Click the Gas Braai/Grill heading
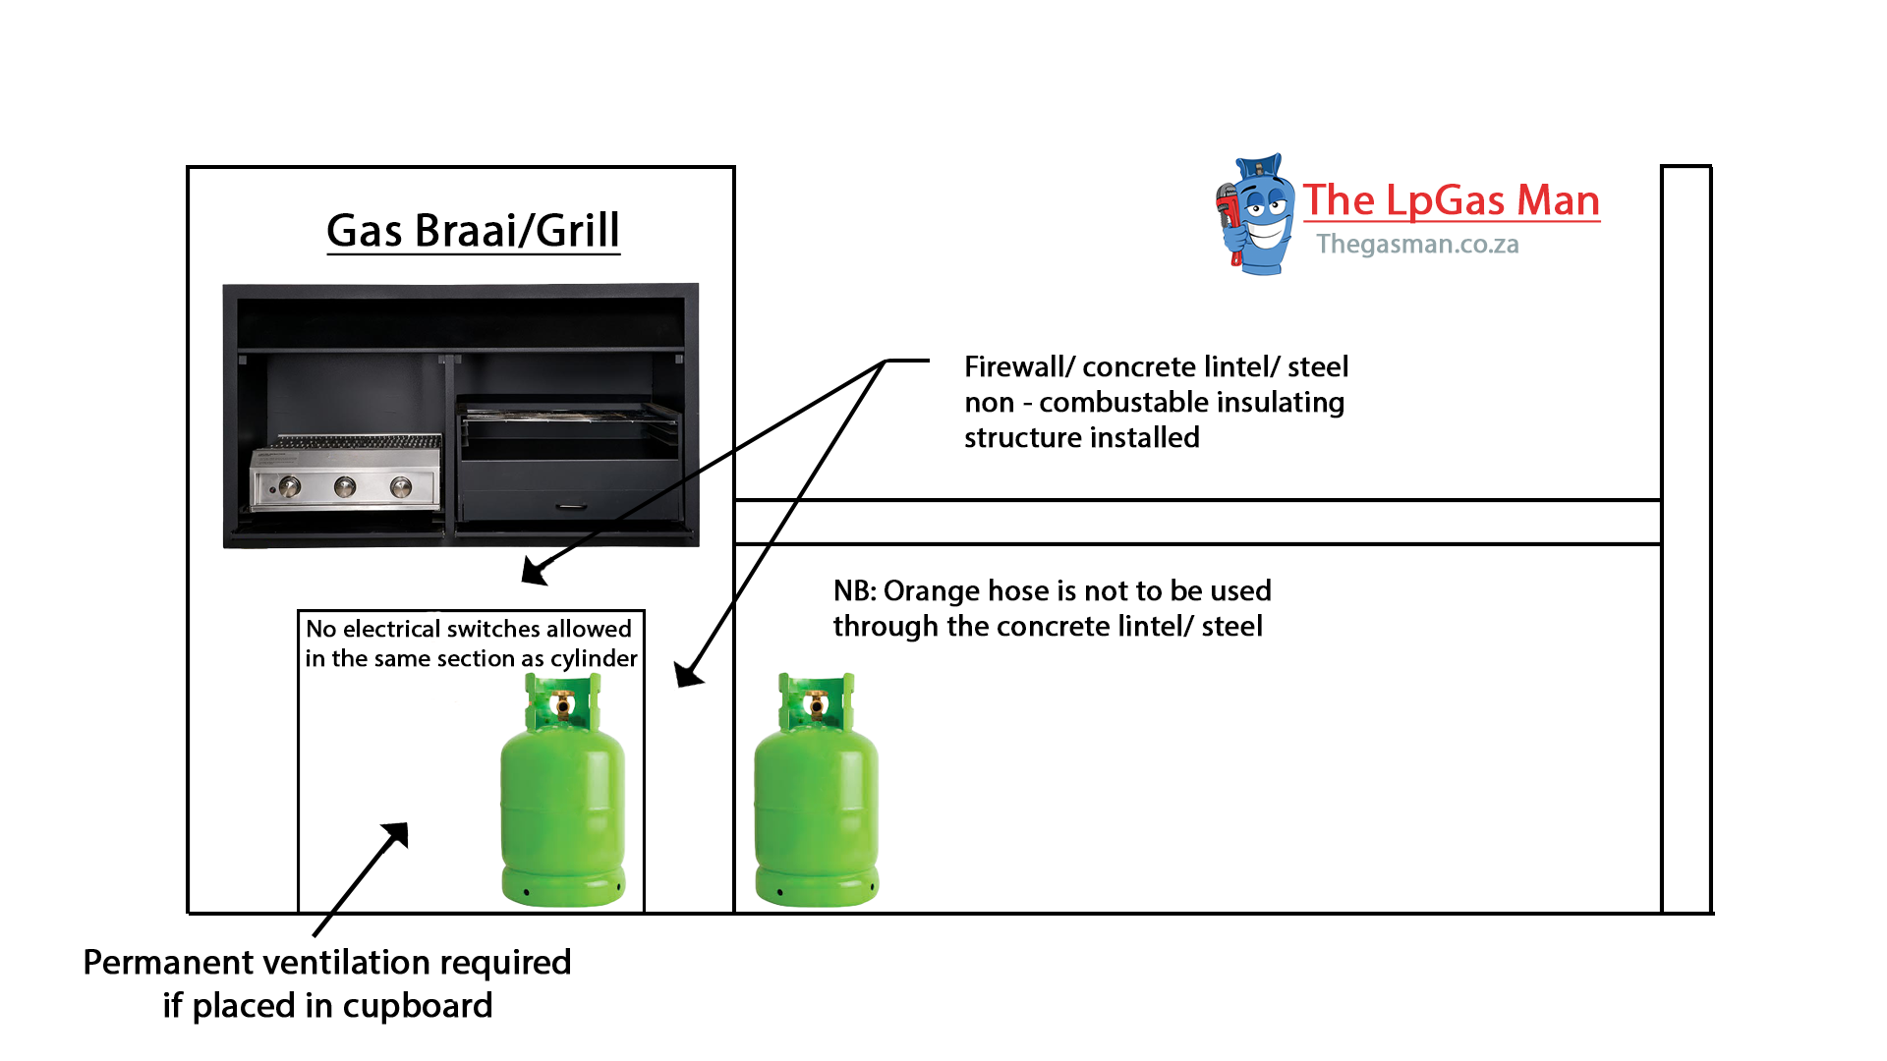(473, 232)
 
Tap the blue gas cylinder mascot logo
(1256, 214)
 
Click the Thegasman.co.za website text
(1417, 245)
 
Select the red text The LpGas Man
(1451, 200)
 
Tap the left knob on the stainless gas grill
(290, 486)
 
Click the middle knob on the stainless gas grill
(345, 486)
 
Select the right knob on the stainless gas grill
(401, 486)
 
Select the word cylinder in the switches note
(594, 659)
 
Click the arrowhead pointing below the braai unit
(534, 572)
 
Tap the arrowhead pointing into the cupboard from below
(397, 835)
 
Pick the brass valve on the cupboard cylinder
(563, 704)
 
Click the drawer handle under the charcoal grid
(571, 507)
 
